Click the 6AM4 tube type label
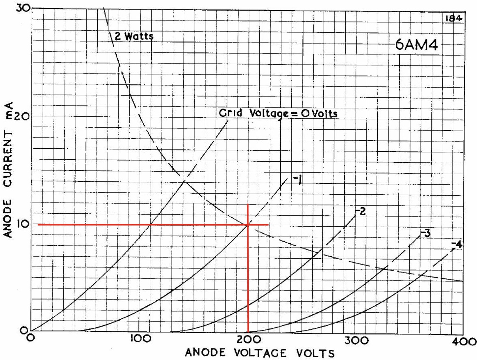[416, 45]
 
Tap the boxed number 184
[454, 18]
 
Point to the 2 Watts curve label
[134, 36]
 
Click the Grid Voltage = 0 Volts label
[278, 113]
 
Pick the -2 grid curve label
[360, 211]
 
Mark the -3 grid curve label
[425, 233]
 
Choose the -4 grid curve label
[457, 244]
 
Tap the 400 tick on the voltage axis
[465, 341]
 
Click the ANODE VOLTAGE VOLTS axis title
[260, 353]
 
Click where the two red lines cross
[248, 225]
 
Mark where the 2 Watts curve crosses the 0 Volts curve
[184, 181]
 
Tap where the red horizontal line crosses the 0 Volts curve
[150, 225]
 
